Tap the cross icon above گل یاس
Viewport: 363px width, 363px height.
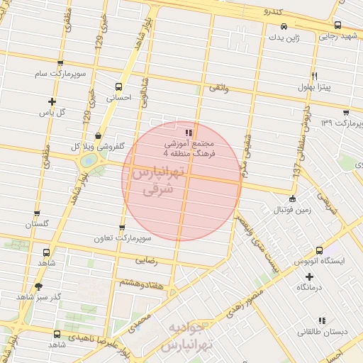click(52, 101)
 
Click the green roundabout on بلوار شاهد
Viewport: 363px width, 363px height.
click(88, 161)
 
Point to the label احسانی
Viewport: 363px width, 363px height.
click(119, 99)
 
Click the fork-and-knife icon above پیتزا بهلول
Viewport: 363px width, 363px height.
click(314, 76)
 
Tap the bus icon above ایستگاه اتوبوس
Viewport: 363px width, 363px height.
click(320, 250)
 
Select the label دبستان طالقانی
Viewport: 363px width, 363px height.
click(323, 331)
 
